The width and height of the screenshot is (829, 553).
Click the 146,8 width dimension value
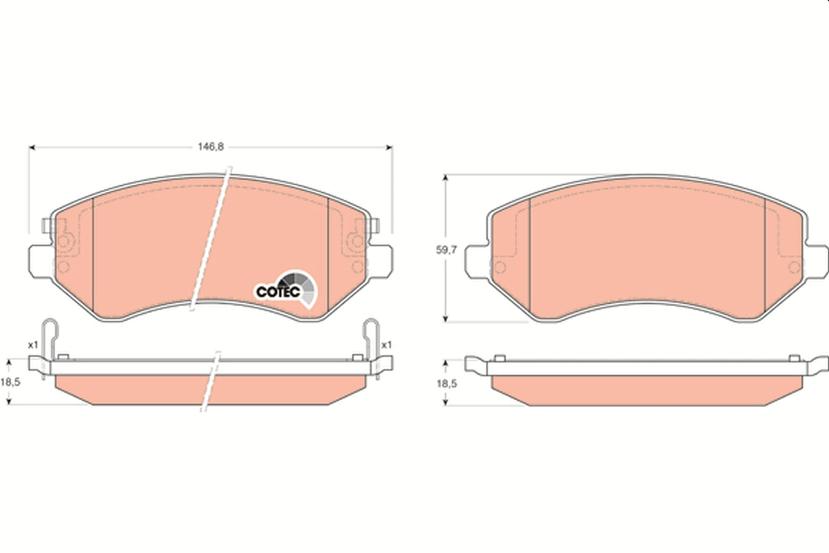click(211, 147)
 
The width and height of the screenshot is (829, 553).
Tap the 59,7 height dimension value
click(447, 250)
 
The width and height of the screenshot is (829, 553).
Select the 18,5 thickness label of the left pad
click(10, 382)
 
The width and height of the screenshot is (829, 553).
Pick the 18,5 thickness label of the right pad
click(447, 384)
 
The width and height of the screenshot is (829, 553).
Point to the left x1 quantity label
click(33, 345)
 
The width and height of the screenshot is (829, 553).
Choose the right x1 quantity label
click(386, 345)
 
